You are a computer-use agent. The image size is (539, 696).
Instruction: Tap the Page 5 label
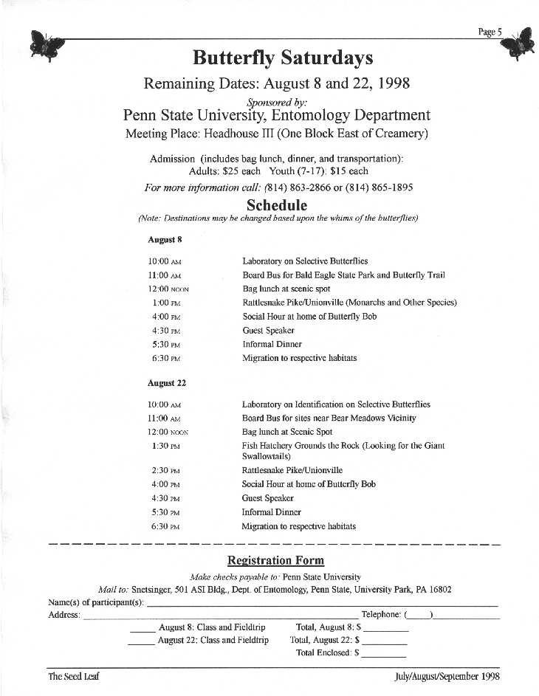click(490, 31)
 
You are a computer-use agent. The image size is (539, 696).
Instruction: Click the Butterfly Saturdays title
click(283, 58)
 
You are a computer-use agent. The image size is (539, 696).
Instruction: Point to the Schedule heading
click(277, 204)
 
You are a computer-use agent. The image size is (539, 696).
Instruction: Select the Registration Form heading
click(275, 560)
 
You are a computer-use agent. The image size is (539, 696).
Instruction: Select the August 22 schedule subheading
click(166, 383)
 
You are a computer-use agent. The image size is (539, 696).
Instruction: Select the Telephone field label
click(381, 614)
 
